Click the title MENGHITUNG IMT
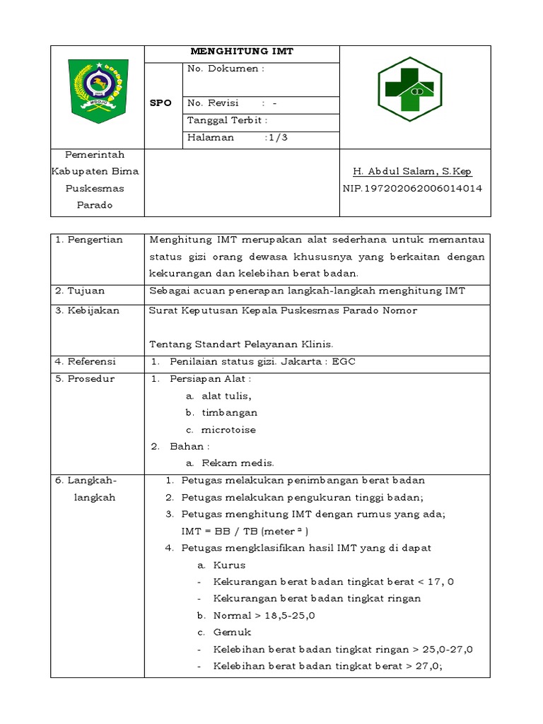[242, 52]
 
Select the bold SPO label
[160, 103]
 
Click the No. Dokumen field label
[226, 69]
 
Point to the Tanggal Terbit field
[227, 120]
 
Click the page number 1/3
[276, 138]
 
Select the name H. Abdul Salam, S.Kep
[412, 171]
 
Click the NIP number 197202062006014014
[412, 189]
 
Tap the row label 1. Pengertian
[88, 240]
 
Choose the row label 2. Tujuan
[81, 291]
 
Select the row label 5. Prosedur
[86, 378]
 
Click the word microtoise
[228, 429]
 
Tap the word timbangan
[229, 412]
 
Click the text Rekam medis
[228, 463]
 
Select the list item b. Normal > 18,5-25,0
[256, 616]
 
